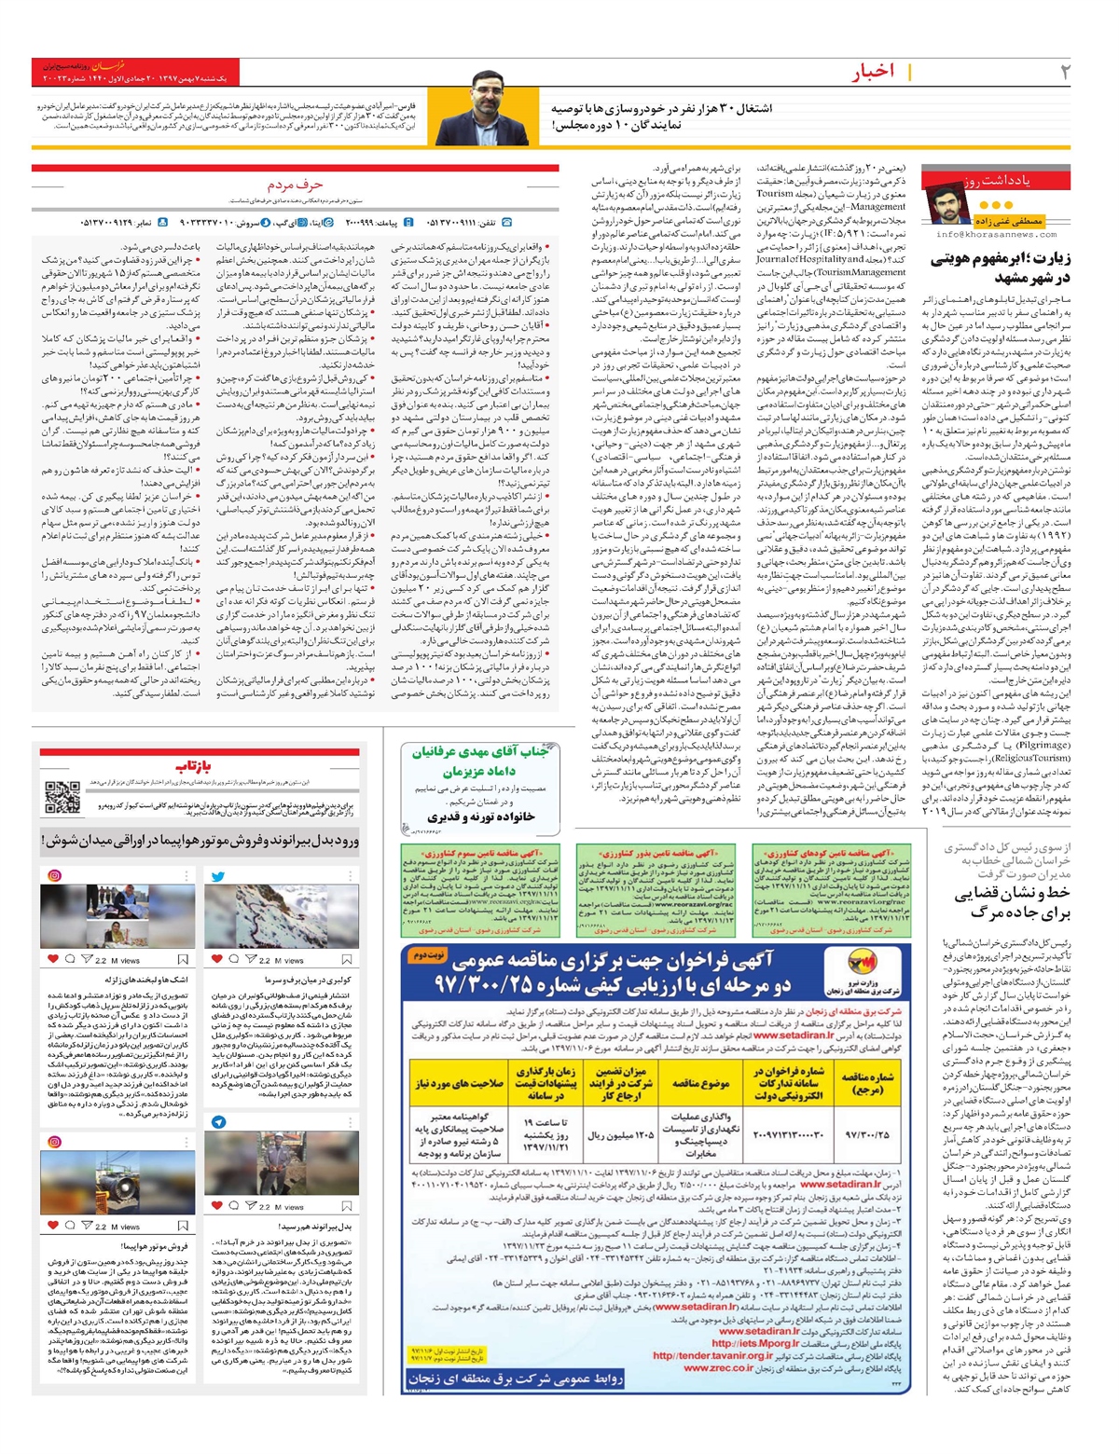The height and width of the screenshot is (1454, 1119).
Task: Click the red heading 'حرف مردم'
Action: [x=295, y=185]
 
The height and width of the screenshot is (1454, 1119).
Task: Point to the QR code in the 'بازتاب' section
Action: [x=62, y=799]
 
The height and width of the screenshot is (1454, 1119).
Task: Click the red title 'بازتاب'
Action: [x=199, y=765]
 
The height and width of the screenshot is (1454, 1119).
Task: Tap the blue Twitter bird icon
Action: [x=217, y=876]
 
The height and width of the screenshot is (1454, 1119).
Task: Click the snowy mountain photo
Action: [x=281, y=917]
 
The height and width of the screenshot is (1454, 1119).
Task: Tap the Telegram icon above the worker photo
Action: [x=217, y=1122]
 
